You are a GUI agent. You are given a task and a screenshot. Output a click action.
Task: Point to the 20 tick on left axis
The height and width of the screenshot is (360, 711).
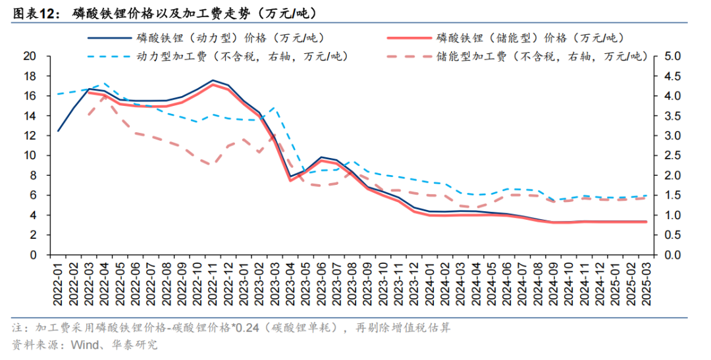(29, 56)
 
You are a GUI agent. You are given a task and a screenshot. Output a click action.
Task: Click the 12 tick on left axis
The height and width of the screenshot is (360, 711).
(29, 136)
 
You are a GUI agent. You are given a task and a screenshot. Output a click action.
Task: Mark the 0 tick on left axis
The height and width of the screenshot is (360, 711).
(32, 255)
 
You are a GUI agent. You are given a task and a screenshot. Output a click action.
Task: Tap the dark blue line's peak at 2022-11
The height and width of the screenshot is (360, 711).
(213, 80)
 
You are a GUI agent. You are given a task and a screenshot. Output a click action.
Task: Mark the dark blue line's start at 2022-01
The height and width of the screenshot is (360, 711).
(58, 131)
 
